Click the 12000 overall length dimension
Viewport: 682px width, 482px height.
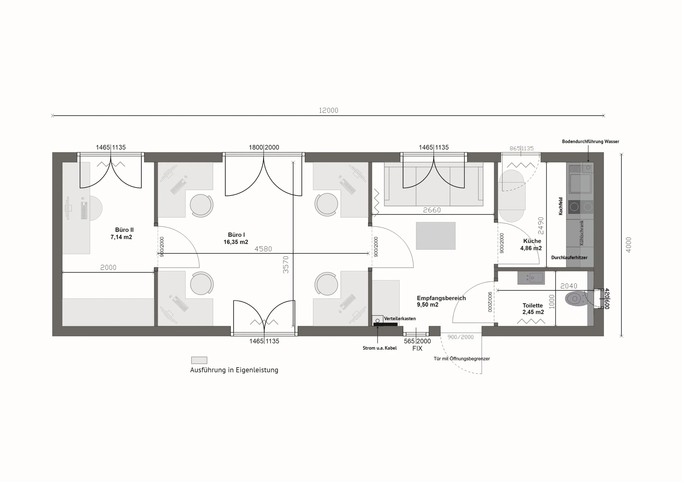pyautogui.click(x=328, y=110)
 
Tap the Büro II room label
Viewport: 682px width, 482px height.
pyautogui.click(x=124, y=230)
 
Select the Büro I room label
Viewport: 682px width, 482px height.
pyautogui.click(x=237, y=235)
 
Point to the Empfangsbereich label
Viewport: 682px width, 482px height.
pyautogui.click(x=441, y=298)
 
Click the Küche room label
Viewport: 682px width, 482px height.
pyautogui.click(x=532, y=241)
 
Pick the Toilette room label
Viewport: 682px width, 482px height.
pyautogui.click(x=533, y=305)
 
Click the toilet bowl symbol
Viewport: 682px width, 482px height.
pyautogui.click(x=576, y=299)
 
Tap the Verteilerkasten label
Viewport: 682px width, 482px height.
pyautogui.click(x=400, y=318)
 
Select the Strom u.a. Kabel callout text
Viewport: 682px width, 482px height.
pyautogui.click(x=380, y=348)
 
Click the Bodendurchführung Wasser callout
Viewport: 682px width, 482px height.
pyautogui.click(x=591, y=141)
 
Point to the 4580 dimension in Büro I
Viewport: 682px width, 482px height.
pyautogui.click(x=263, y=249)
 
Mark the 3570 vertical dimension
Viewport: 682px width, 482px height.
pyautogui.click(x=285, y=264)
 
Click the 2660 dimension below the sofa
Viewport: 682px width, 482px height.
pyautogui.click(x=432, y=210)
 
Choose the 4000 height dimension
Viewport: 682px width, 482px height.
pyautogui.click(x=628, y=245)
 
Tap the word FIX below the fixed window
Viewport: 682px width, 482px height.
pyautogui.click(x=417, y=348)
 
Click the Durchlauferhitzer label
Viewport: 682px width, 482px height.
pyautogui.click(x=569, y=258)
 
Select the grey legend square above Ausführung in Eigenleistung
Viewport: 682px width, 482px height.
pyautogui.click(x=199, y=360)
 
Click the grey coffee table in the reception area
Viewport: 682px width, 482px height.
pyautogui.click(x=435, y=236)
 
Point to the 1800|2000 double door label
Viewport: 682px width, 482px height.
pyautogui.click(x=264, y=147)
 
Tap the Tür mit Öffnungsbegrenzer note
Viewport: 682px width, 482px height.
pyautogui.click(x=462, y=359)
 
